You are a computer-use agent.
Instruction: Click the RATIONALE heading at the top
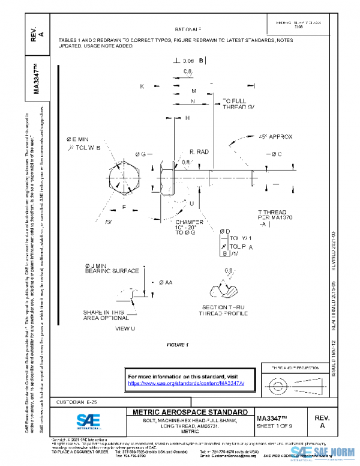click(188, 29)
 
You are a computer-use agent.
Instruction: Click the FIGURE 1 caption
click(178, 345)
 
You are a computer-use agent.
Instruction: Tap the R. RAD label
click(199, 153)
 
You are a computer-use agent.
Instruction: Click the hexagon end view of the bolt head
click(125, 178)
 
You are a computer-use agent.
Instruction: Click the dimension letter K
click(142, 86)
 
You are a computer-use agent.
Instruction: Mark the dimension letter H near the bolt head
click(187, 118)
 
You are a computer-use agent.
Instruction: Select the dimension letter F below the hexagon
click(124, 207)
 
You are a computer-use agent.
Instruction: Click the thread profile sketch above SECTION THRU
click(227, 292)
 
